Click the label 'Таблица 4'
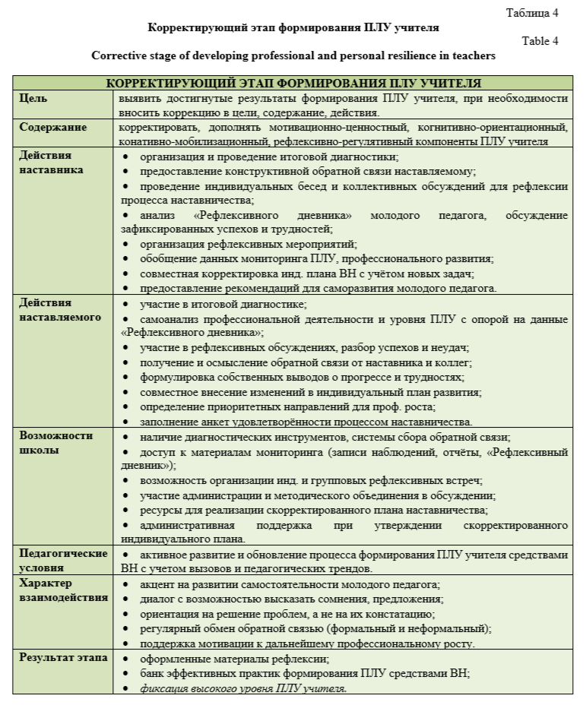point(532,13)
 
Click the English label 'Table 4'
point(540,41)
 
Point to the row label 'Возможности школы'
point(55,443)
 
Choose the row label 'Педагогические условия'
point(63,561)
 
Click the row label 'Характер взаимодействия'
point(63,590)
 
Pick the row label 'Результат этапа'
point(63,657)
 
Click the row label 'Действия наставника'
point(51,163)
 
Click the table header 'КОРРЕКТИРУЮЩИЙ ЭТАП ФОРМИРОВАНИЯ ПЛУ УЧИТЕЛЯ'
point(293,83)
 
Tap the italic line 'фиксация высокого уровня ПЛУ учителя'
point(243,688)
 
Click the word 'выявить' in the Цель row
point(139,99)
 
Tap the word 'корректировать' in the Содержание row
point(157,127)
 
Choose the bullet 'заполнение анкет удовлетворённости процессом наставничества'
point(306,422)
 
